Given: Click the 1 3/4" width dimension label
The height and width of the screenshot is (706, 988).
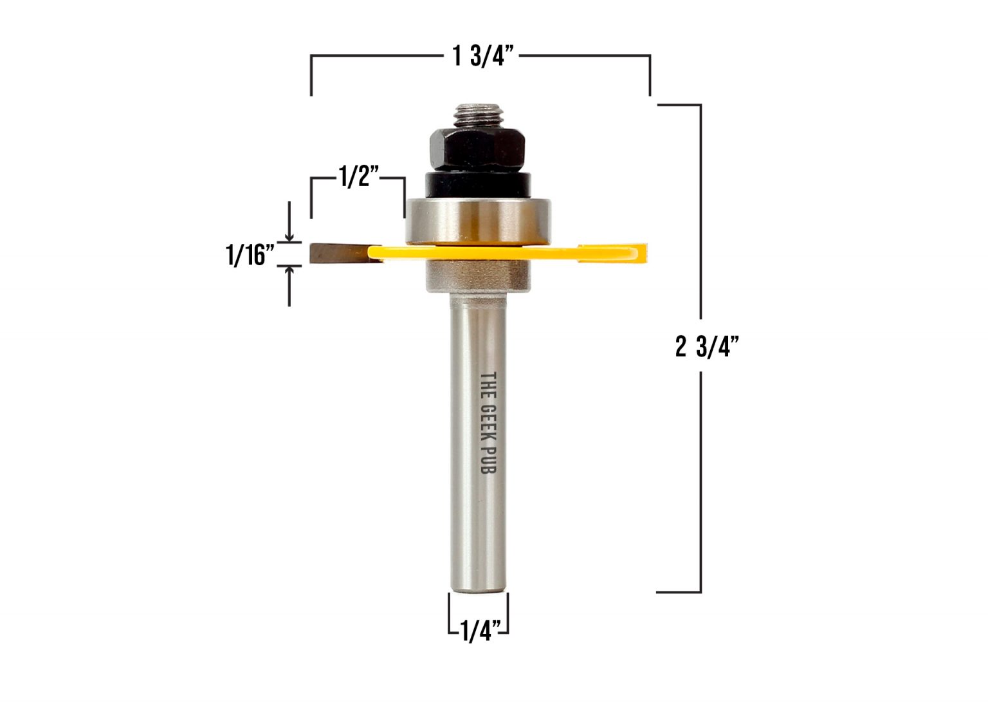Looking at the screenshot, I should [484, 57].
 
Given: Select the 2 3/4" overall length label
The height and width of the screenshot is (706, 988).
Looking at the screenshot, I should [706, 348].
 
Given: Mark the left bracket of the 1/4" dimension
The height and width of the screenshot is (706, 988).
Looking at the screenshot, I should [450, 615].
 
